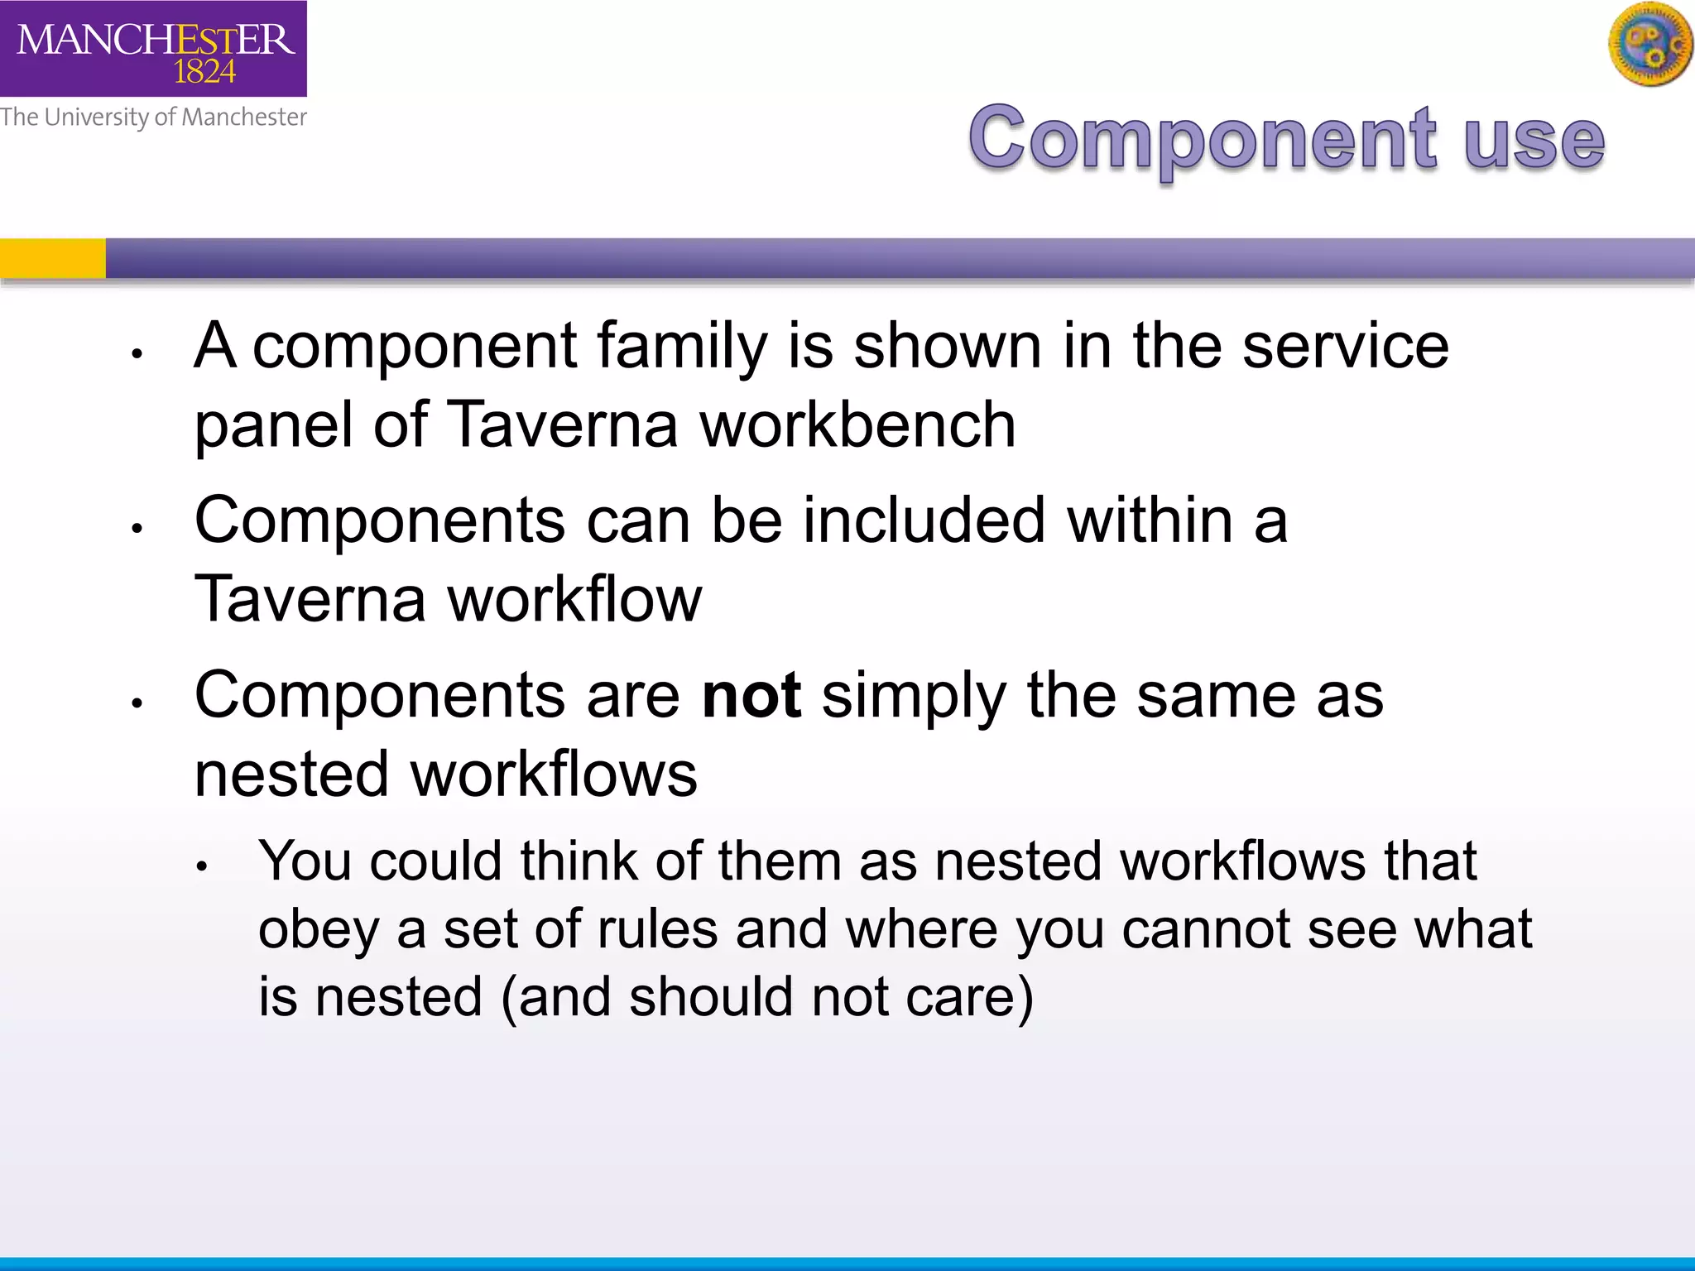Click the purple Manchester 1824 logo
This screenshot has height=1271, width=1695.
tap(153, 48)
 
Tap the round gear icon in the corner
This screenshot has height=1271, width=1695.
tap(1650, 44)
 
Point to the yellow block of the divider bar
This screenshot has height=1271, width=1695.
tap(52, 258)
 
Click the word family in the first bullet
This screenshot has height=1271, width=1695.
tap(681, 346)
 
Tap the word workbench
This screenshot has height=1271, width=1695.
tap(857, 424)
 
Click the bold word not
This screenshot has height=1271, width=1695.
tap(751, 695)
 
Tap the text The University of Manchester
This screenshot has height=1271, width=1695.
tap(153, 118)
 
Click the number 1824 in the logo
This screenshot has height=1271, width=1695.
tap(204, 72)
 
